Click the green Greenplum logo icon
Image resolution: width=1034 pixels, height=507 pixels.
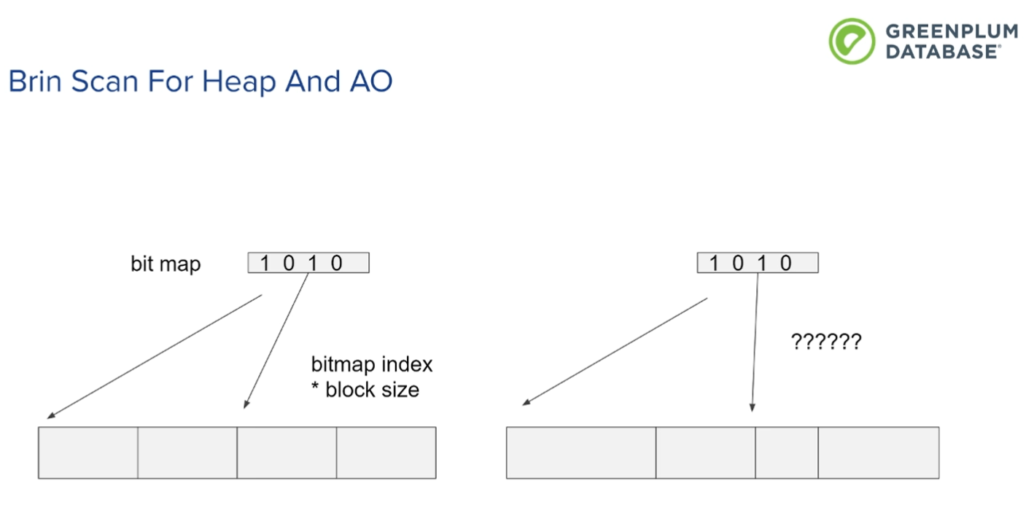coord(852,41)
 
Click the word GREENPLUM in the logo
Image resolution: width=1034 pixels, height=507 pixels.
coord(952,31)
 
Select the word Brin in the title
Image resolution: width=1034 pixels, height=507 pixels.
coord(35,81)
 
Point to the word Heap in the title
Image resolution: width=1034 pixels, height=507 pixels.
coord(239,82)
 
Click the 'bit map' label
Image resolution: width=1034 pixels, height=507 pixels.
coord(166,264)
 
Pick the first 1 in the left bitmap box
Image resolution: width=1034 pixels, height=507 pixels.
coord(265,264)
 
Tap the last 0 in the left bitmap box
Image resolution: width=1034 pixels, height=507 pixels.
coord(336,264)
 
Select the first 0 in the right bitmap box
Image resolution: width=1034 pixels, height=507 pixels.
coord(738,264)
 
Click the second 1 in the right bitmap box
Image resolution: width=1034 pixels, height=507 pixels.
coord(762,264)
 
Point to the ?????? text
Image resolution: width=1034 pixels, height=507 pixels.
coord(826,342)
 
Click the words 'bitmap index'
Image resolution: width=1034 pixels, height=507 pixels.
coord(372,364)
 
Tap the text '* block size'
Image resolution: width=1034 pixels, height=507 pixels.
coord(365,390)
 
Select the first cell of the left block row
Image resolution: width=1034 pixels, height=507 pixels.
coord(88,452)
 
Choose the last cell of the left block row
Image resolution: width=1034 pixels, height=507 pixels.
coord(386,452)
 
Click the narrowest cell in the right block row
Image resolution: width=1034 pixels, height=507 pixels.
coord(787,452)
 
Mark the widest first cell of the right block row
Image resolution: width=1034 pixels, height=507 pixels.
coord(581,452)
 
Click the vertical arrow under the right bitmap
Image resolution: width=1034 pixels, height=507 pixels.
coord(755,342)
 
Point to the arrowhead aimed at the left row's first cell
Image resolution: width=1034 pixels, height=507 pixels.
coord(51,416)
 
